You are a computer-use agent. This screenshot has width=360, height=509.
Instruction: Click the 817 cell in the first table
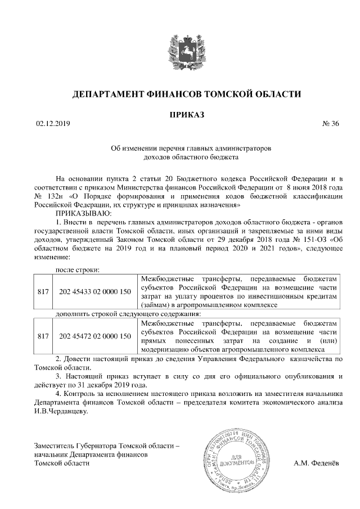(43, 291)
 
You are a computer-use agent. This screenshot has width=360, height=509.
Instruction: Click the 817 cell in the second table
(43, 336)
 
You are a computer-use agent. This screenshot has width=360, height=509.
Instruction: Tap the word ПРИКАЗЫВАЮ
(83, 214)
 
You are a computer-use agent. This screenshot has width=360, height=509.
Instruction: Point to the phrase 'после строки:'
(76, 269)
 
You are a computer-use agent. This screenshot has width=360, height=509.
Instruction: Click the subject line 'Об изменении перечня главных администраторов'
(191, 149)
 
